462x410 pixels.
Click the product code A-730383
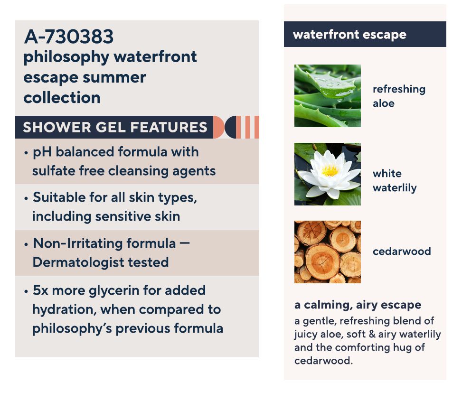click(69, 37)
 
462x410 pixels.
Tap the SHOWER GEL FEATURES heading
click(115, 127)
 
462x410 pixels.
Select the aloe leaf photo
click(327, 96)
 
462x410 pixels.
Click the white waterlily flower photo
click(327, 174)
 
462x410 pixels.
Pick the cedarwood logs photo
click(327, 252)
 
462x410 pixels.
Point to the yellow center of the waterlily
click(330, 170)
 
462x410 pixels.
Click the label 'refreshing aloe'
click(399, 96)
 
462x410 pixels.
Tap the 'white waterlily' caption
click(395, 181)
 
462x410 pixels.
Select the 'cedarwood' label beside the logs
click(402, 251)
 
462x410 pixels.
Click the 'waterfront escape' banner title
click(349, 35)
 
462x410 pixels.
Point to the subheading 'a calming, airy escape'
click(358, 305)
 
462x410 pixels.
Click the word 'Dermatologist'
click(78, 262)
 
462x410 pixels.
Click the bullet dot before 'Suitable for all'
click(26, 198)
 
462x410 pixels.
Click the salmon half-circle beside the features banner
click(218, 127)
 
